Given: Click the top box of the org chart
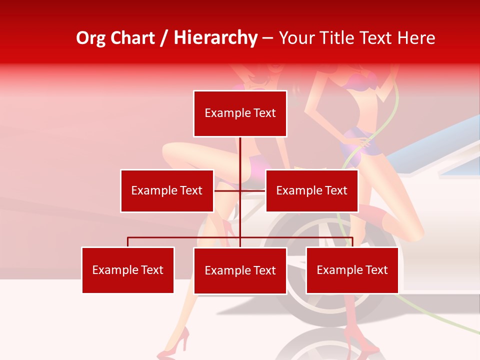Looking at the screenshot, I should click(240, 113).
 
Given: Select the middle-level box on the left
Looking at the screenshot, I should click(167, 190).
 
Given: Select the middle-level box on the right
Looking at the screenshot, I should click(311, 190).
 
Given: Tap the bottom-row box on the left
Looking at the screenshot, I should click(128, 270).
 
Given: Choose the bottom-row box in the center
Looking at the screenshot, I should click(240, 270).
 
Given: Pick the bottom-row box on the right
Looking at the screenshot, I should click(352, 270).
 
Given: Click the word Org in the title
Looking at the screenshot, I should click(90, 38).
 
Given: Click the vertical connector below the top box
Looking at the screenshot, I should click(240, 152).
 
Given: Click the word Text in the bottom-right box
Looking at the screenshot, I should click(376, 270).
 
